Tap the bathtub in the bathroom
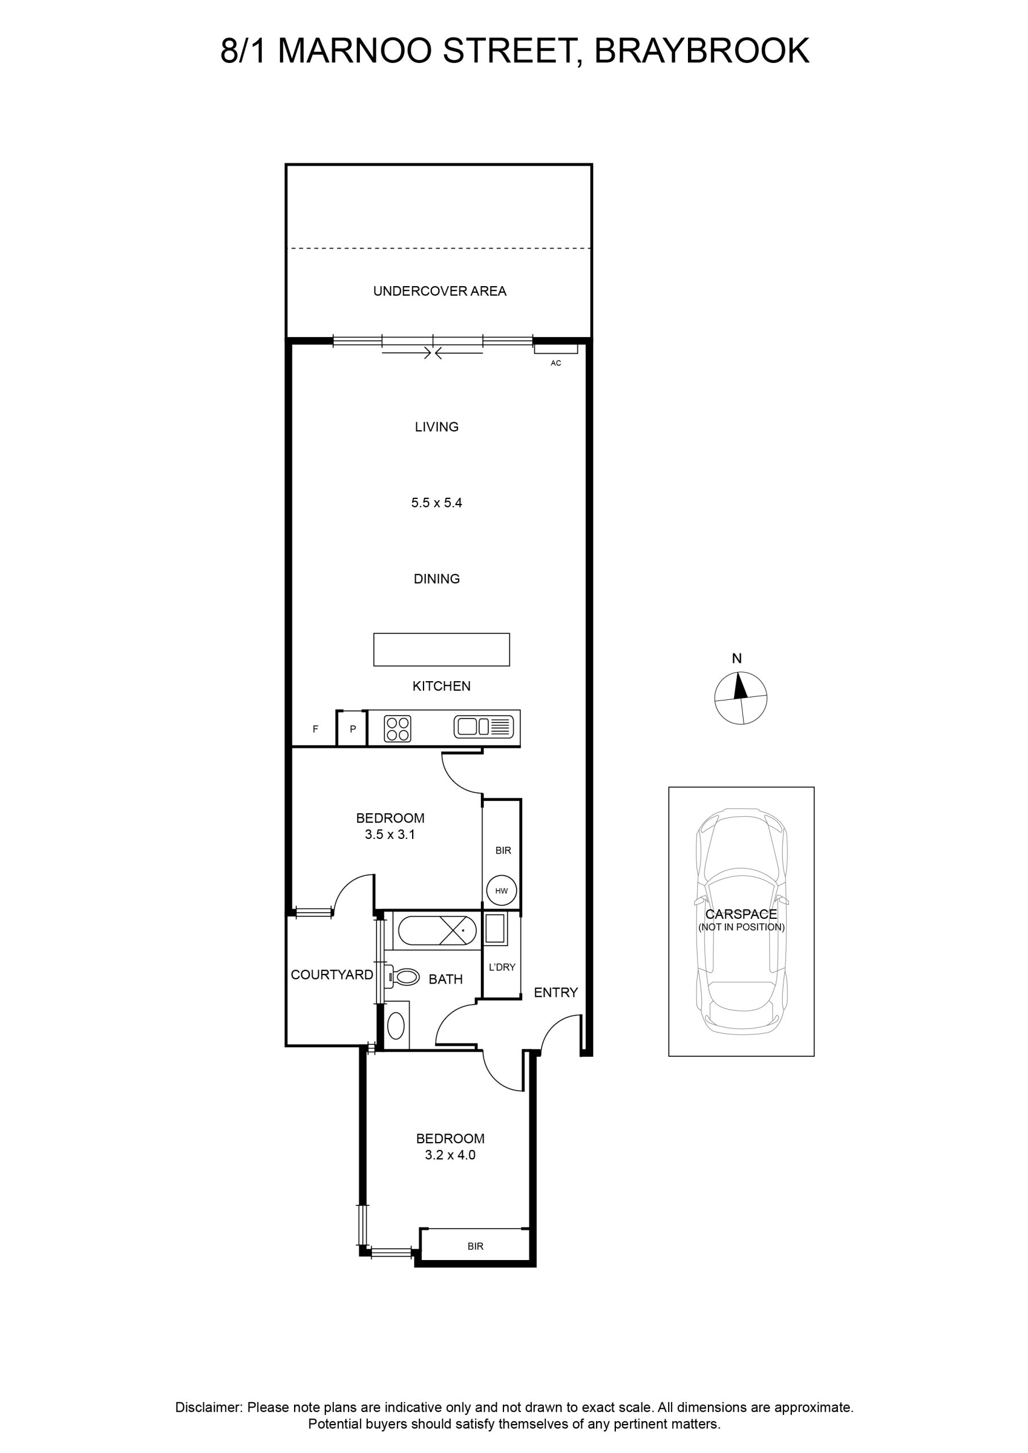tap(436, 931)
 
